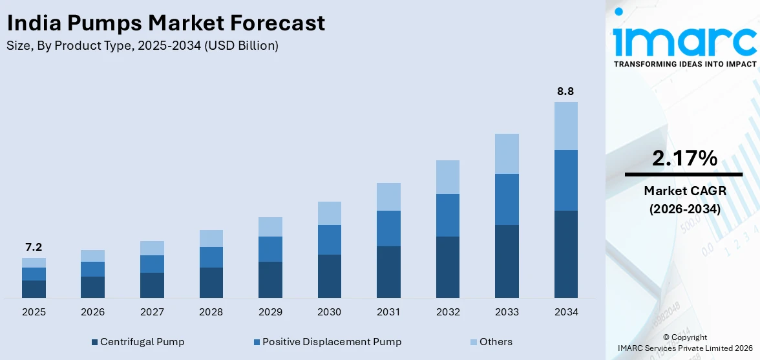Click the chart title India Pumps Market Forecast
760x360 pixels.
point(165,24)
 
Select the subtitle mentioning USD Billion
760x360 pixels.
point(142,46)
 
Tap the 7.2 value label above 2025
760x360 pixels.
point(34,247)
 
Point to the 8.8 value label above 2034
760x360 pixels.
point(565,91)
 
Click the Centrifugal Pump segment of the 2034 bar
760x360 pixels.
point(565,254)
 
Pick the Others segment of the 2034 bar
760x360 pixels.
point(565,126)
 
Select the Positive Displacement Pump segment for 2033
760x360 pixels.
point(507,199)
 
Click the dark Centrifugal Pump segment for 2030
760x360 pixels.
point(329,276)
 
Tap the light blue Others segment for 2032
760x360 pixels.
point(447,177)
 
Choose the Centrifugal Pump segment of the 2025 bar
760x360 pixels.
point(34,289)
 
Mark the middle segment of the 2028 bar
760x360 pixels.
point(211,257)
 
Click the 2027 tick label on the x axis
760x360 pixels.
point(152,312)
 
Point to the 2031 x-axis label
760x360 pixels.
point(388,312)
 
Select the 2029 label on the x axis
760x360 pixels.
point(270,312)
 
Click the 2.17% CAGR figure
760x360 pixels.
point(684,158)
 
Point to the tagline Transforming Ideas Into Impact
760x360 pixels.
point(684,64)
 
